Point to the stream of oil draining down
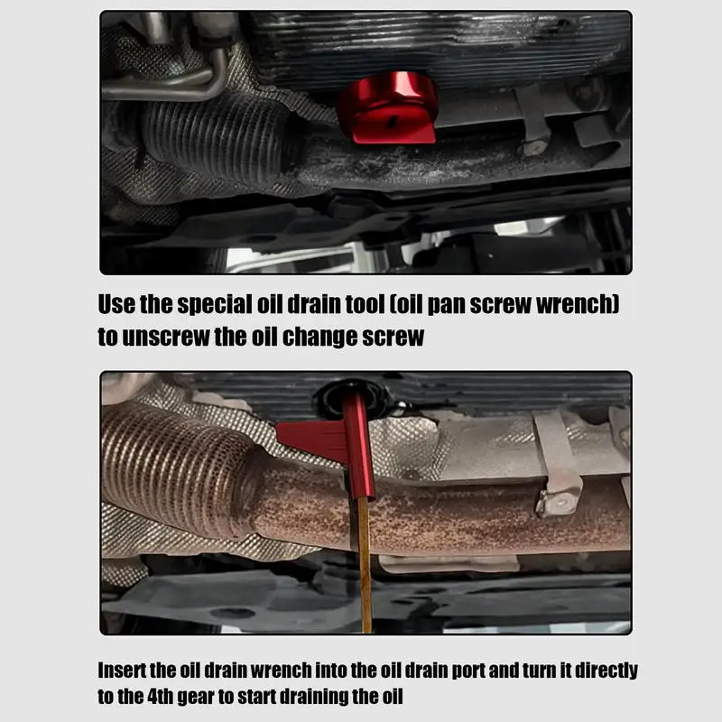tap(364, 569)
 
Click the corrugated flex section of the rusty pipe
tap(171, 469)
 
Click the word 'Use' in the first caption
tap(116, 305)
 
